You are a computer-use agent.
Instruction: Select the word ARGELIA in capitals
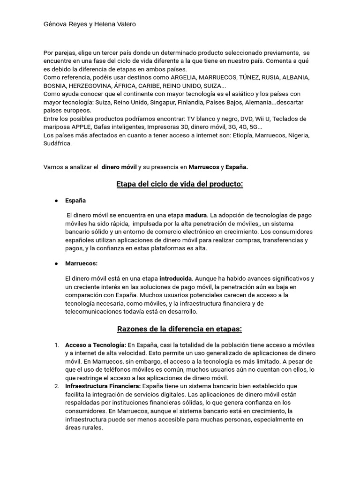point(187,77)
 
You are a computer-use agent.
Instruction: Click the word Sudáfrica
point(58,143)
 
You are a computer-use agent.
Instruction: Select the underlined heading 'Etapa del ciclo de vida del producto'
point(180,184)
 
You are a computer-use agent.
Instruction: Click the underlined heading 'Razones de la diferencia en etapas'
point(180,329)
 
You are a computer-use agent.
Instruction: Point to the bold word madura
point(196,215)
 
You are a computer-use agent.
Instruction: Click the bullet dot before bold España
point(56,200)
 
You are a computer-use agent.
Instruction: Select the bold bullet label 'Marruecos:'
point(82,263)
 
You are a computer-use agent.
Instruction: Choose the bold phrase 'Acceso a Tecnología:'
point(96,345)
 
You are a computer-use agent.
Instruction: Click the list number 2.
point(57,386)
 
